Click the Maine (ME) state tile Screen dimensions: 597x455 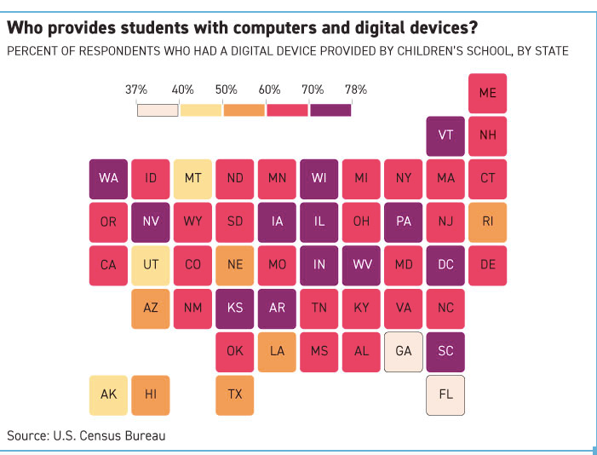(x=487, y=93)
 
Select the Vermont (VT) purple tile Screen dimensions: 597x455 (x=445, y=136)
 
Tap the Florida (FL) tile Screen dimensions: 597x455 (x=445, y=395)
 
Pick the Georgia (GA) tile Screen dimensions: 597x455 (x=403, y=352)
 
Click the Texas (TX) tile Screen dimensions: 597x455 (x=234, y=395)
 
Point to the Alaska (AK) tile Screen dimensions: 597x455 (x=108, y=395)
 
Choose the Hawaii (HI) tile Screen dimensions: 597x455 (x=151, y=395)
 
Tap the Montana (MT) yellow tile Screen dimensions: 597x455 (x=192, y=179)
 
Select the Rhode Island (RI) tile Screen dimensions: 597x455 (x=487, y=222)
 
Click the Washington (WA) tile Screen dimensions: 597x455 (x=108, y=179)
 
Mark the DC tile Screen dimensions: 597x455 (x=445, y=266)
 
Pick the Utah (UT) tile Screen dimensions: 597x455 (x=151, y=266)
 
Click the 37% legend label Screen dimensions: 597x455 (x=136, y=89)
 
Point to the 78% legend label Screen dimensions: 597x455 (x=356, y=89)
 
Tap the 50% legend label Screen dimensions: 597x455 (x=227, y=89)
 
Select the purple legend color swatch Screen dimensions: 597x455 (x=330, y=110)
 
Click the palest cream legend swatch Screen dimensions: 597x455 (x=158, y=110)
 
